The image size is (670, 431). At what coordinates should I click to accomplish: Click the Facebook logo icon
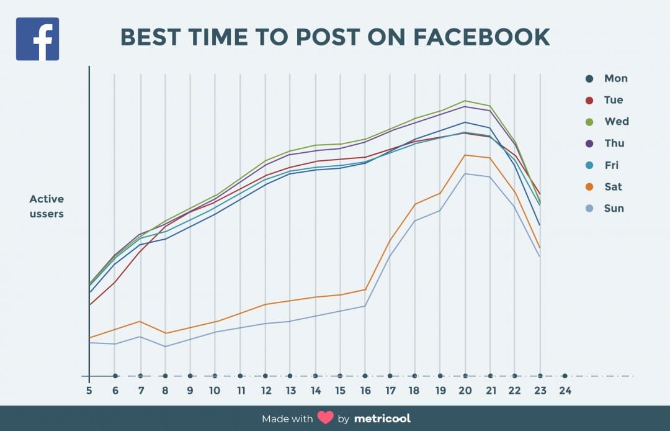pyautogui.click(x=37, y=39)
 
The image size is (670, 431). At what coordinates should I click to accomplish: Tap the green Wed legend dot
pyautogui.click(x=589, y=122)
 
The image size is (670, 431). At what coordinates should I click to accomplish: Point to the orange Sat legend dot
pyautogui.click(x=589, y=187)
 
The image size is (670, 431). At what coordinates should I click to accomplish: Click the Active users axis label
pyautogui.click(x=47, y=207)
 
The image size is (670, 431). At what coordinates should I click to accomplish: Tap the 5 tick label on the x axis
pyautogui.click(x=89, y=391)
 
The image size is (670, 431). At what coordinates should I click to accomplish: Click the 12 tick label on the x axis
pyautogui.click(x=266, y=391)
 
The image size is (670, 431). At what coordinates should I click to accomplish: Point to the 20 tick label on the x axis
pyautogui.click(x=465, y=391)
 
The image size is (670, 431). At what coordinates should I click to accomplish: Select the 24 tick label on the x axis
pyautogui.click(x=565, y=391)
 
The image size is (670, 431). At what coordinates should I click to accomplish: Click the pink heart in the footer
pyautogui.click(x=326, y=418)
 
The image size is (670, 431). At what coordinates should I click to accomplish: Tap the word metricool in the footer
pyautogui.click(x=382, y=418)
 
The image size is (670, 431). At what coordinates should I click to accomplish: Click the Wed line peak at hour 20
pyautogui.click(x=465, y=101)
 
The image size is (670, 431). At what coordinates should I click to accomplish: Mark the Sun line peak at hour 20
pyautogui.click(x=465, y=173)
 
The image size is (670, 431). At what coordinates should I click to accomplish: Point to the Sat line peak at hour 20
pyautogui.click(x=465, y=155)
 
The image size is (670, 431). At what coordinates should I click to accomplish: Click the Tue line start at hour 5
pyautogui.click(x=89, y=305)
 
